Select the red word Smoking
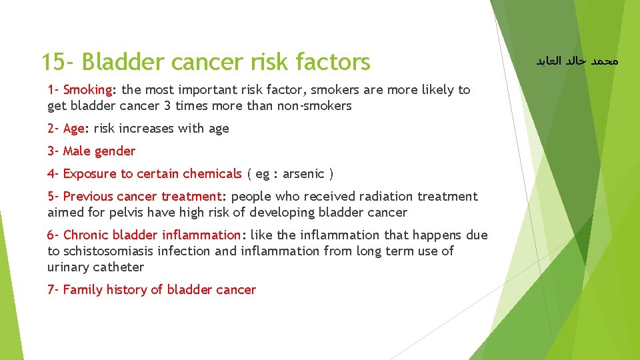[87, 89]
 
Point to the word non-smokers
[317, 105]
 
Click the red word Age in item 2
[74, 128]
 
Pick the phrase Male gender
[99, 151]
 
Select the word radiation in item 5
[385, 196]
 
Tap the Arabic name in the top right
[577, 61]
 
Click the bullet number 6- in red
[53, 235]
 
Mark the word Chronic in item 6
[86, 235]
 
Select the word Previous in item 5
[88, 196]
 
